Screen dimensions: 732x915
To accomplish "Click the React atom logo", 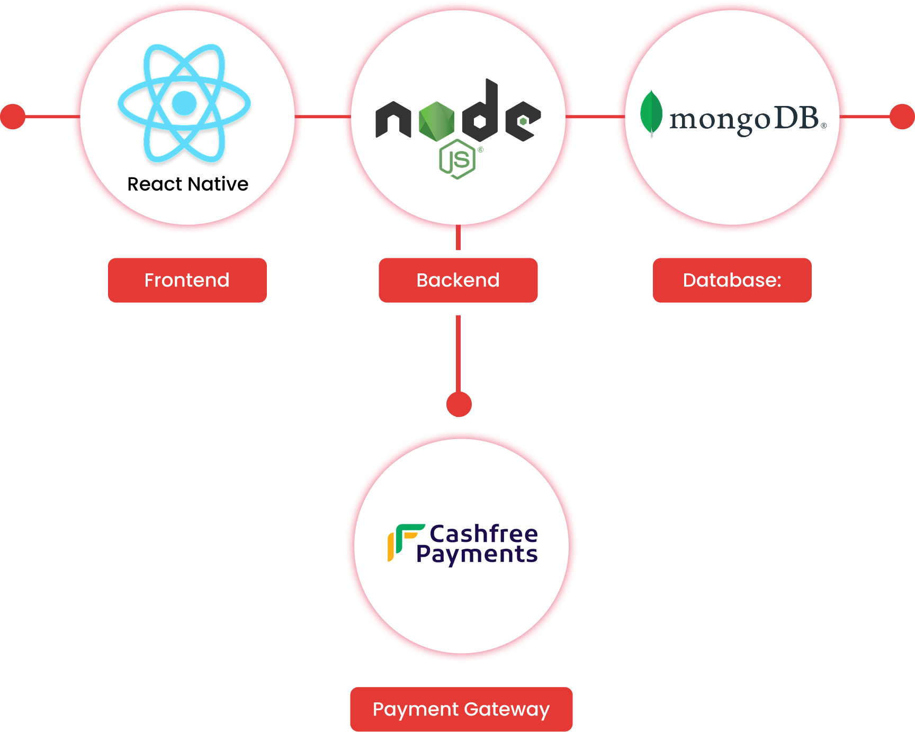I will click(x=184, y=103).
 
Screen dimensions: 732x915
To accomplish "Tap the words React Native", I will click(x=188, y=184).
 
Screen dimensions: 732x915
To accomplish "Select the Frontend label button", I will click(x=187, y=280).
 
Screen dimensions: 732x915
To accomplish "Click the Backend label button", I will click(x=458, y=280).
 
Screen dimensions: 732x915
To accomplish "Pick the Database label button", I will click(x=732, y=280).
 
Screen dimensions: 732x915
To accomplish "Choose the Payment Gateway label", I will click(x=461, y=709).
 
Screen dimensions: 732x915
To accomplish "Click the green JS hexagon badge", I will click(x=457, y=159).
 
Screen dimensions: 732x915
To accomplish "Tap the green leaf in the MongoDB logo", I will click(x=651, y=113).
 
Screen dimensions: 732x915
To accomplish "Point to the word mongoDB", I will click(x=744, y=119).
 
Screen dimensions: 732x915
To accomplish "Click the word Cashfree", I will click(x=483, y=533).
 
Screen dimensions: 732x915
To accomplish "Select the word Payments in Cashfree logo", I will click(x=477, y=555).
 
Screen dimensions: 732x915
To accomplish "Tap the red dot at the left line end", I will click(x=13, y=117).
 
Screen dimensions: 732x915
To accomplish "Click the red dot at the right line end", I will click(x=902, y=117).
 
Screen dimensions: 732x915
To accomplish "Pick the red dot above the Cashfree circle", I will click(x=459, y=405).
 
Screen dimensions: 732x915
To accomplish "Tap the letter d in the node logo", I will click(x=481, y=111).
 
